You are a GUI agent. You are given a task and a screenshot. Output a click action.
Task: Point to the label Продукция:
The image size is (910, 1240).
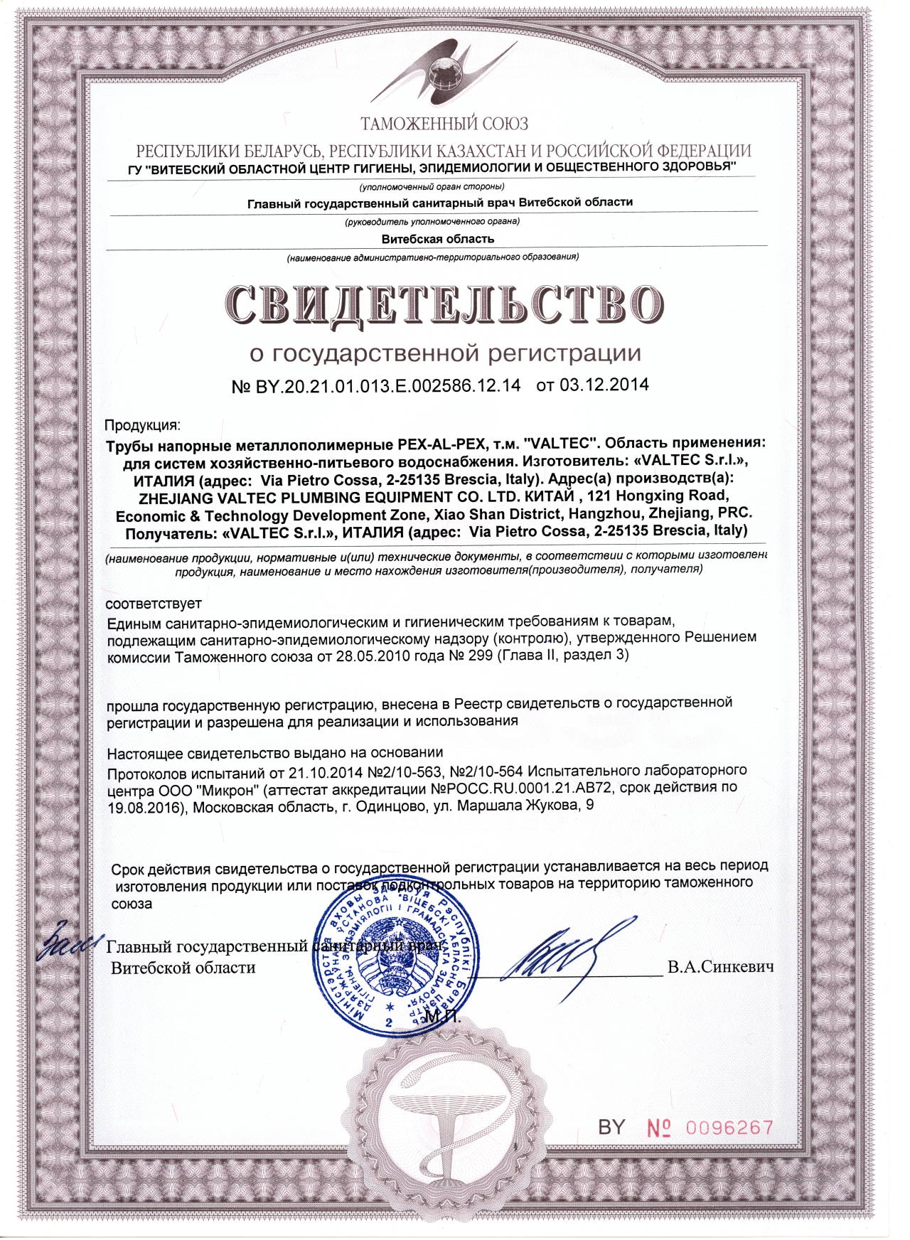143,425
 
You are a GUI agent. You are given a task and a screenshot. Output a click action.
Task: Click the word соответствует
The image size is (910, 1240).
154,604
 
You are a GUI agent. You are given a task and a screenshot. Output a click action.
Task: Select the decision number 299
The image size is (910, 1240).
480,655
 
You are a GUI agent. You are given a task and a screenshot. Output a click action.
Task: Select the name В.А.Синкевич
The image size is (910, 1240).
720,967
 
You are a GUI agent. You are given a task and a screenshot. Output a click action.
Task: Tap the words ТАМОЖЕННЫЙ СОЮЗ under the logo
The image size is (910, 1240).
444,124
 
